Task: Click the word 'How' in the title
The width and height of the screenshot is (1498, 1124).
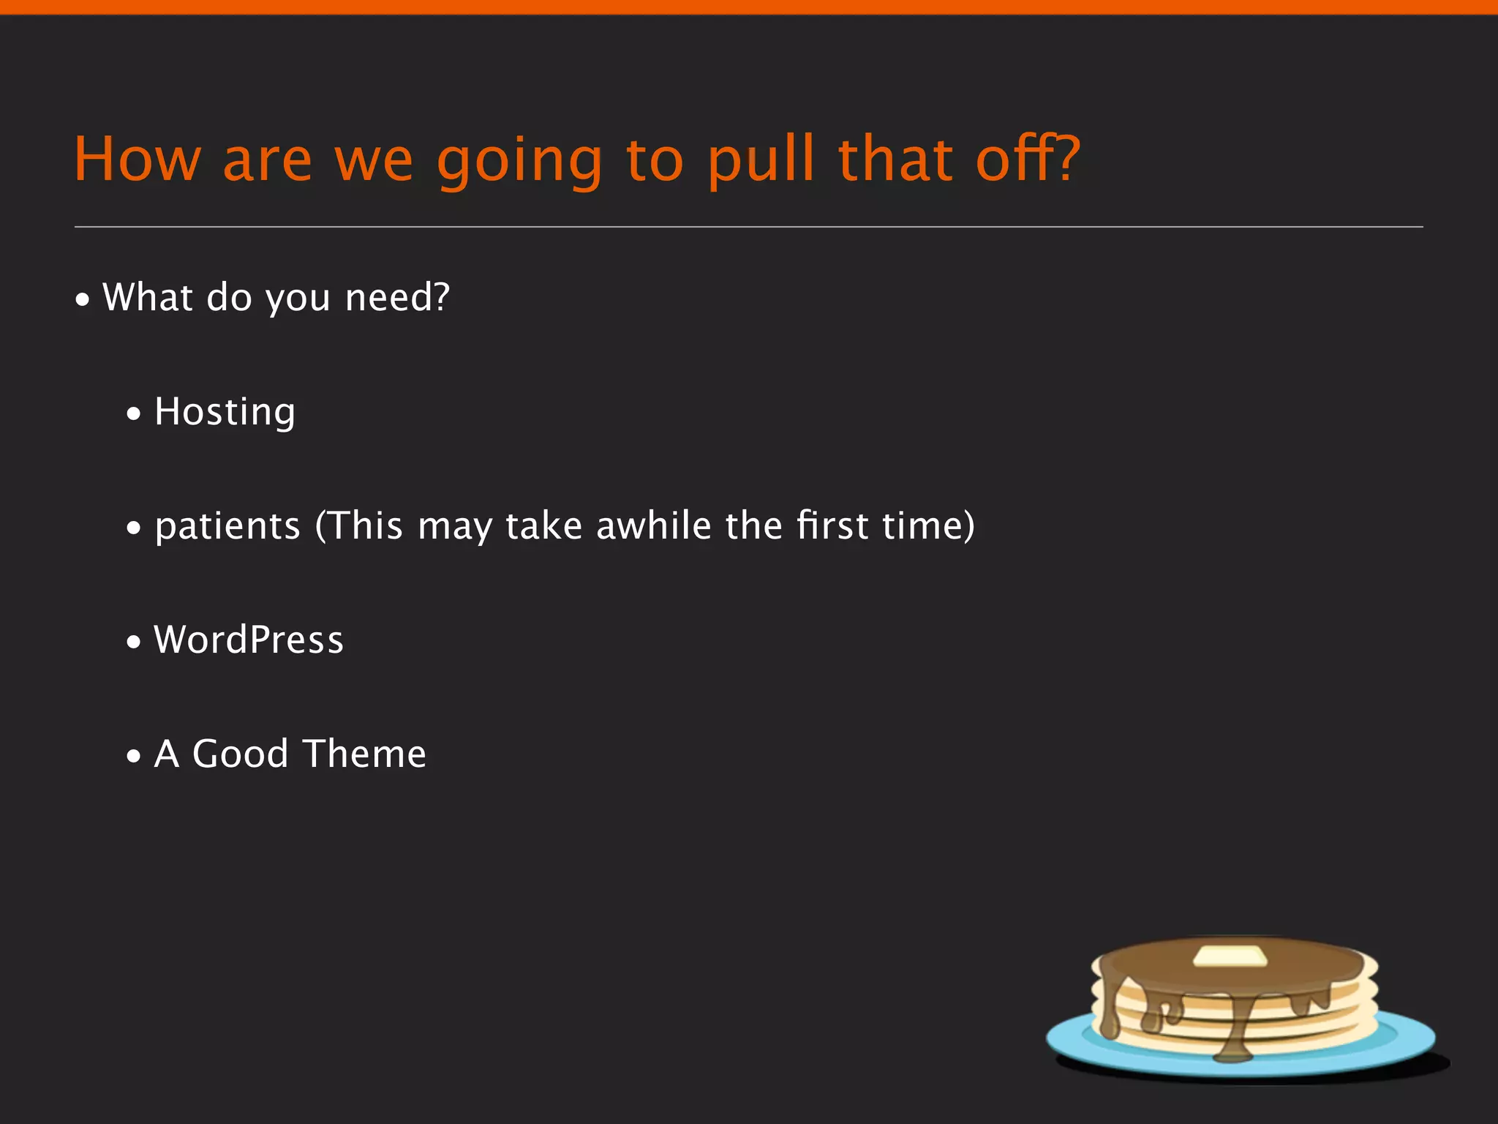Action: click(137, 159)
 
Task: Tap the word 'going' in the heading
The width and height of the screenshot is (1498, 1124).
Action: click(519, 161)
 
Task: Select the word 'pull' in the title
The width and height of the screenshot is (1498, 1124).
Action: click(761, 159)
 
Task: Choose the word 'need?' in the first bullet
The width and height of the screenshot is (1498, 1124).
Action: click(397, 298)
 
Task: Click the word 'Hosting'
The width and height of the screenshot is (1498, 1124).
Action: click(225, 412)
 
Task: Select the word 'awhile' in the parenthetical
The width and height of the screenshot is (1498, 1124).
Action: click(653, 526)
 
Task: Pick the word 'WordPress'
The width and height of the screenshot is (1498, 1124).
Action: click(249, 640)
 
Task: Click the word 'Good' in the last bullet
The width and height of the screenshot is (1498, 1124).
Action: click(240, 754)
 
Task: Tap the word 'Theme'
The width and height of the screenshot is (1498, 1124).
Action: click(364, 754)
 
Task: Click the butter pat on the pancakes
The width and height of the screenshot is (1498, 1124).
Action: click(1230, 956)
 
